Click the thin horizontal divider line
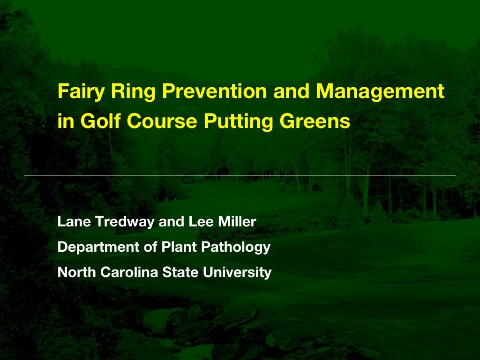[240, 175]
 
